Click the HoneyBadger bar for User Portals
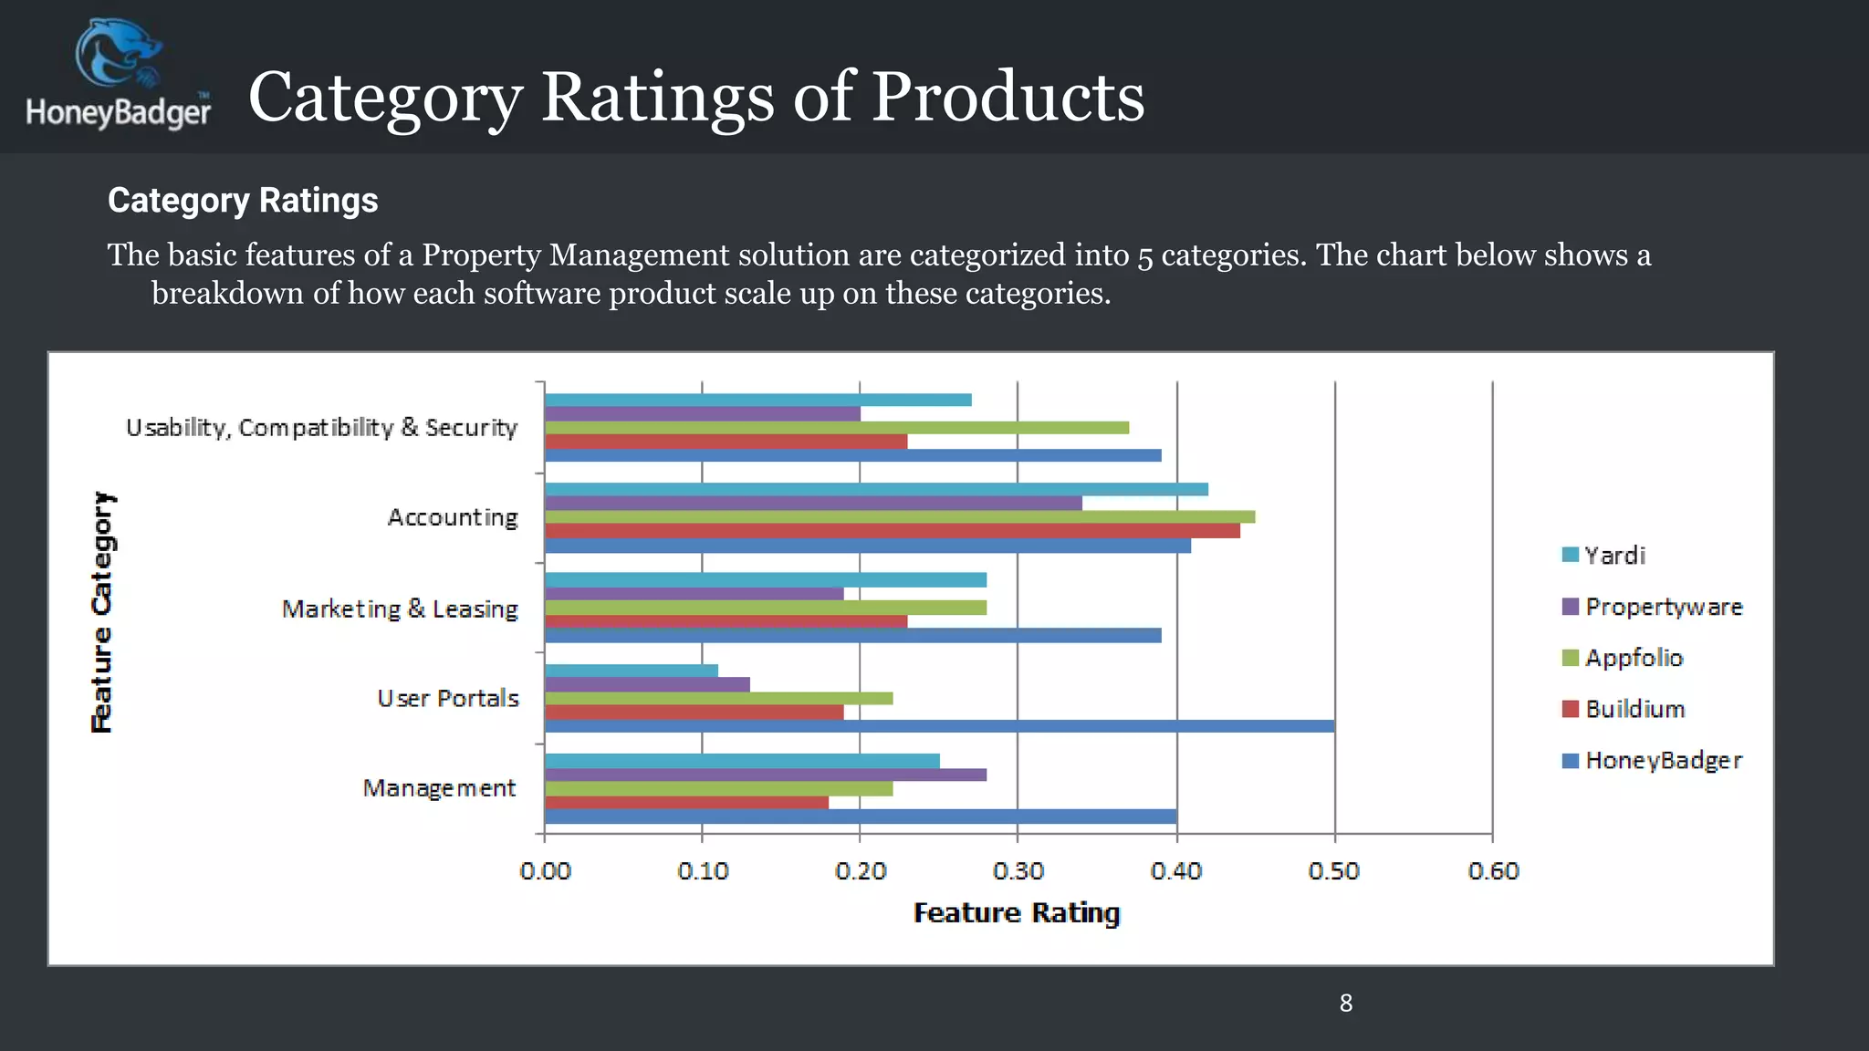coord(940,726)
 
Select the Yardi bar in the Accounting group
coord(876,489)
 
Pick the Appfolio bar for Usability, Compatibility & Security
coord(836,428)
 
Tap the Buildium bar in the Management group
coord(686,803)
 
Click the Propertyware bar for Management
coord(765,775)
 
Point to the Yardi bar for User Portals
coord(632,671)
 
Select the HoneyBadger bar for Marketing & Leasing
coord(852,635)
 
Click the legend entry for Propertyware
coord(1663,607)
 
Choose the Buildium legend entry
coord(1634,709)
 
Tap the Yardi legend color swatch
coord(1570,555)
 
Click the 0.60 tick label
coord(1493,871)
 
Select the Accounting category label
coord(453,517)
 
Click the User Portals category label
coord(448,698)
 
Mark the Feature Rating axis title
coord(1017,912)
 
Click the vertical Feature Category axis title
coord(102,611)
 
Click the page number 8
coord(1346,1004)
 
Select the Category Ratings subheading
coord(243,201)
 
